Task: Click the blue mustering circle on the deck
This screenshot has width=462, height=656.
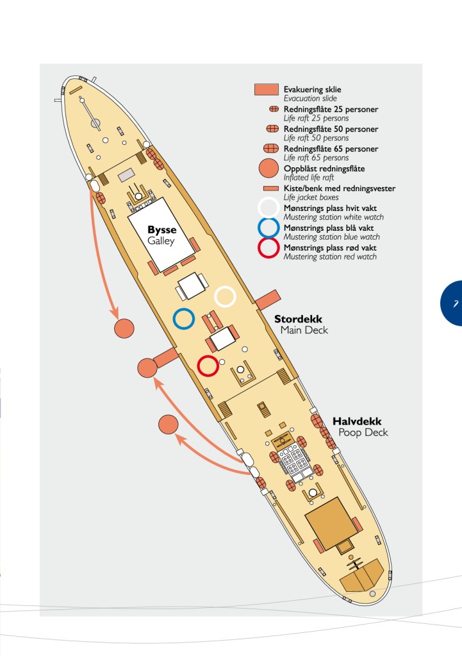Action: point(174,319)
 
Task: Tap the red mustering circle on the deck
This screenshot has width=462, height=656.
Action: point(198,366)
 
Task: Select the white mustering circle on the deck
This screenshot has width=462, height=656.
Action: point(215,297)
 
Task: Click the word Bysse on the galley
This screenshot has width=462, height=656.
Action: point(162,230)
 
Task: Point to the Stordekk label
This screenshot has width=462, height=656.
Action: point(298,319)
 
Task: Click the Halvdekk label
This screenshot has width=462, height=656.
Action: point(357,421)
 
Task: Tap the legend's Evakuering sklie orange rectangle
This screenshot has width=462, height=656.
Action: point(267,89)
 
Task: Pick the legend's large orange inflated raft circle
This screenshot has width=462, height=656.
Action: point(269,169)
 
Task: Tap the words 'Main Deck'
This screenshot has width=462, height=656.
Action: point(304,330)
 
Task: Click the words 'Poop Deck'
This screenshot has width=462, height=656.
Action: point(363,433)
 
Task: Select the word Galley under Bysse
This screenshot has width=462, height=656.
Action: point(161,241)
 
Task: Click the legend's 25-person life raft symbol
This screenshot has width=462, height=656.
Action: point(274,109)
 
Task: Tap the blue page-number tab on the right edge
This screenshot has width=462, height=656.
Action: point(452,303)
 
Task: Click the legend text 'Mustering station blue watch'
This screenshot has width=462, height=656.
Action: point(331,237)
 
